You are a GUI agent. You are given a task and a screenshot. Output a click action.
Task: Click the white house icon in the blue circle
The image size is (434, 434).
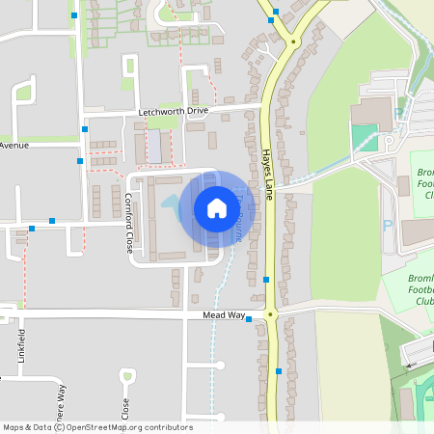point(217,207)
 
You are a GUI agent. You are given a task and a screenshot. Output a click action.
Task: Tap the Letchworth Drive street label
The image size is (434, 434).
point(173,111)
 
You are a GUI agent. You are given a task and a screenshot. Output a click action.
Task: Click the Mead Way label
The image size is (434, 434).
point(221,315)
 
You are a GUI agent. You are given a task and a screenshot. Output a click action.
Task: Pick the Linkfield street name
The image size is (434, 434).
point(21,344)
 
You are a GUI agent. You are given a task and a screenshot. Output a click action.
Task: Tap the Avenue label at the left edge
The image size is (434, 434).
point(14,145)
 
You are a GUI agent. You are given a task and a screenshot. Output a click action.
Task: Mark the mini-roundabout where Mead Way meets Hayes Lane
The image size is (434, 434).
point(271,314)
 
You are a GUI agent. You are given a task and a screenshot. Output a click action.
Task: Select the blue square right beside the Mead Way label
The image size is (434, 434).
point(249,319)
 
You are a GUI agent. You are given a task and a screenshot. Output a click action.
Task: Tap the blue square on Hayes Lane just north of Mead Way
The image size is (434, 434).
point(266,280)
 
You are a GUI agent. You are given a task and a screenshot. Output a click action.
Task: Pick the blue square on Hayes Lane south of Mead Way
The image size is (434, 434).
point(279,370)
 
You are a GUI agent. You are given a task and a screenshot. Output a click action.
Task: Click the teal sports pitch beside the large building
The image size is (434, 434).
point(364,137)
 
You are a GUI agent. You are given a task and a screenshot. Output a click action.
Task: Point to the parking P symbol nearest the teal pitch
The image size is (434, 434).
point(399,114)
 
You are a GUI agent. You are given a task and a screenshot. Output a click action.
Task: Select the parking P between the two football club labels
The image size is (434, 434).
point(388,226)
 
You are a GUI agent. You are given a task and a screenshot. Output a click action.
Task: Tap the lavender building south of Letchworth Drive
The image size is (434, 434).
point(154,146)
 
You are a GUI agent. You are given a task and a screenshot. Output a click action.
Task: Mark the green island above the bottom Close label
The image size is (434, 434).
point(128,376)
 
